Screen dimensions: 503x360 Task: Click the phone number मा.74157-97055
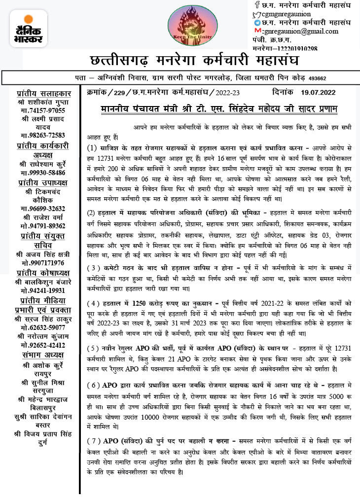coord(44,111)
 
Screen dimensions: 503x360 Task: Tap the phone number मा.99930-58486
coord(44,173)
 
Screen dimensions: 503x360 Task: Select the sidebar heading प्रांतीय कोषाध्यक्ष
coord(44,272)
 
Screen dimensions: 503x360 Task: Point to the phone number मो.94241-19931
coord(44,290)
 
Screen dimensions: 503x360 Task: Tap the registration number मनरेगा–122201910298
coord(285,48)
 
